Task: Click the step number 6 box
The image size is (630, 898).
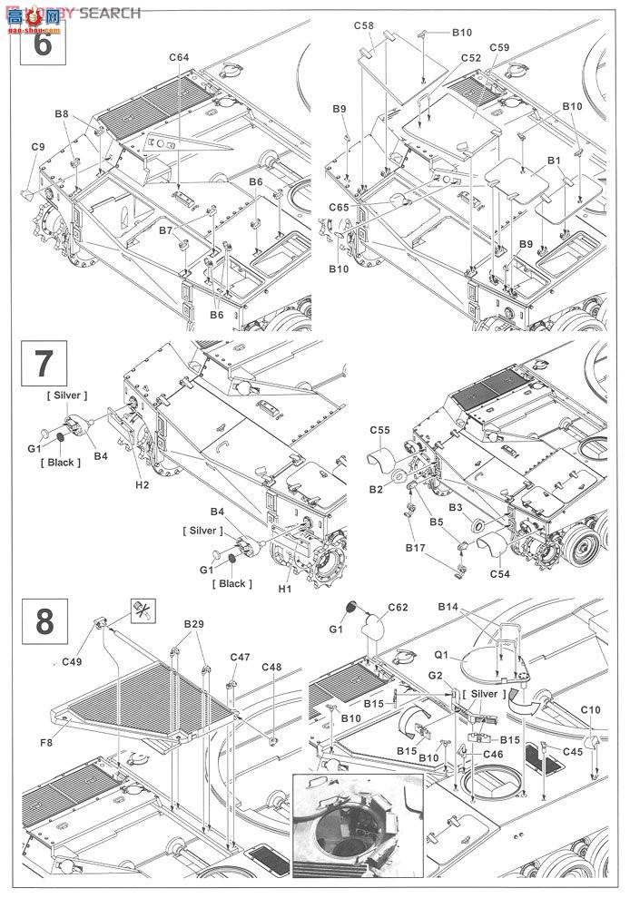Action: (42, 44)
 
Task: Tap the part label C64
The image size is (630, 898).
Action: (179, 58)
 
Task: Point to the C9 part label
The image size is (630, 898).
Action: (37, 147)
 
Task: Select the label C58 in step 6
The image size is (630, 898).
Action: (363, 26)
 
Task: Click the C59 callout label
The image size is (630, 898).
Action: (498, 47)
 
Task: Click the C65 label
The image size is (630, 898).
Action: (339, 208)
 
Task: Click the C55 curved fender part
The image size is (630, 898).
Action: (383, 463)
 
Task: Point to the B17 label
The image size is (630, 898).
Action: (417, 548)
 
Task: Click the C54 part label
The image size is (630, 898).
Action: (500, 574)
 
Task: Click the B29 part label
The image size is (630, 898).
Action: (194, 625)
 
